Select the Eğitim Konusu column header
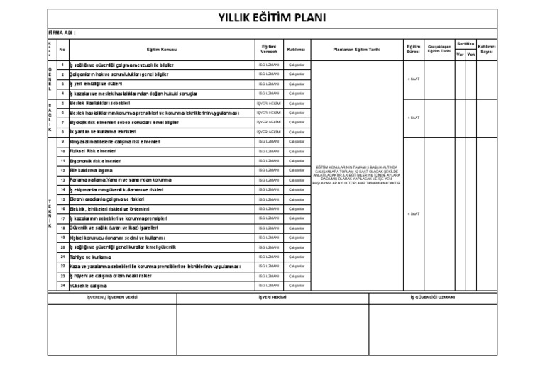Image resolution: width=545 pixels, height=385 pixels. (x=162, y=50)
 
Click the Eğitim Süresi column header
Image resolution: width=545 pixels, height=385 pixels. (x=414, y=49)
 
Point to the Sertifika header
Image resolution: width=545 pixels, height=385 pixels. (x=466, y=44)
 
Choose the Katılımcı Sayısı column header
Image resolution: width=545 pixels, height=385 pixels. (x=487, y=49)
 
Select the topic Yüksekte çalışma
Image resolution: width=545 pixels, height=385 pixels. (x=88, y=286)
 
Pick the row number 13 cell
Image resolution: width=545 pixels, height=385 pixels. (x=62, y=180)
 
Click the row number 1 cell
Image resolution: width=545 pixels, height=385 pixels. (x=62, y=65)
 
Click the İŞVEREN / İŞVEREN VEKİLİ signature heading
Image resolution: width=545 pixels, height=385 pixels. (x=111, y=298)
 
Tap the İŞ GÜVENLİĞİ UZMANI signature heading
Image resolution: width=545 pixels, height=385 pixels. (x=433, y=298)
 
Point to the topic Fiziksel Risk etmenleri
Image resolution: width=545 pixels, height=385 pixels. (x=93, y=151)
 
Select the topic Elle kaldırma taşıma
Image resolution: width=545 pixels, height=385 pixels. (x=91, y=170)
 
